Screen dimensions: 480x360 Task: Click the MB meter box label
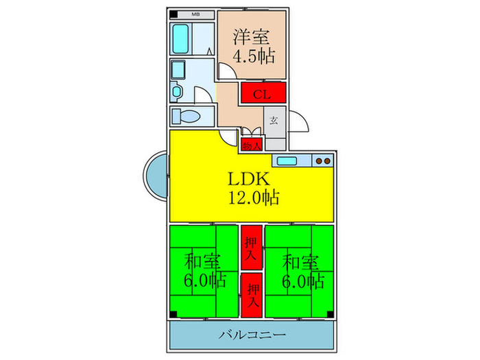point(195,14)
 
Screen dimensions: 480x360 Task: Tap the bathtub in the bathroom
point(180,39)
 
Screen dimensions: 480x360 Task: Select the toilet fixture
point(186,117)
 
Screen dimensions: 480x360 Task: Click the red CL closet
point(263,92)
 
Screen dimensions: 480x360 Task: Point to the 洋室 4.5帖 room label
point(254,46)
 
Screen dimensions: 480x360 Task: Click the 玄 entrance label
point(274,120)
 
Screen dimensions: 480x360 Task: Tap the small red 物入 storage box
point(252,145)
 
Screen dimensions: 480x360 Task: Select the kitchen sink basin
point(287,160)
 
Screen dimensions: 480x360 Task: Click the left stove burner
point(319,161)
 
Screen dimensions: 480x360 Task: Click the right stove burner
point(326,161)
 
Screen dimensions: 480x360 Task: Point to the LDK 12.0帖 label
point(254,189)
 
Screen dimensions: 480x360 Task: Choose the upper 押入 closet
point(252,248)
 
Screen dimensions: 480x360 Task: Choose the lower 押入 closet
point(252,296)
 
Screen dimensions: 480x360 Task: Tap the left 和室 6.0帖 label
point(204,271)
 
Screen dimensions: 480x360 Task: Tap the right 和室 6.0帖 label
point(303,271)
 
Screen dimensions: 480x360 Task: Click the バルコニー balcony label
point(252,335)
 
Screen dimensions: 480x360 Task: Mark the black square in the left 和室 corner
point(173,314)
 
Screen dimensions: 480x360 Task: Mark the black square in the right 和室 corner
point(330,314)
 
